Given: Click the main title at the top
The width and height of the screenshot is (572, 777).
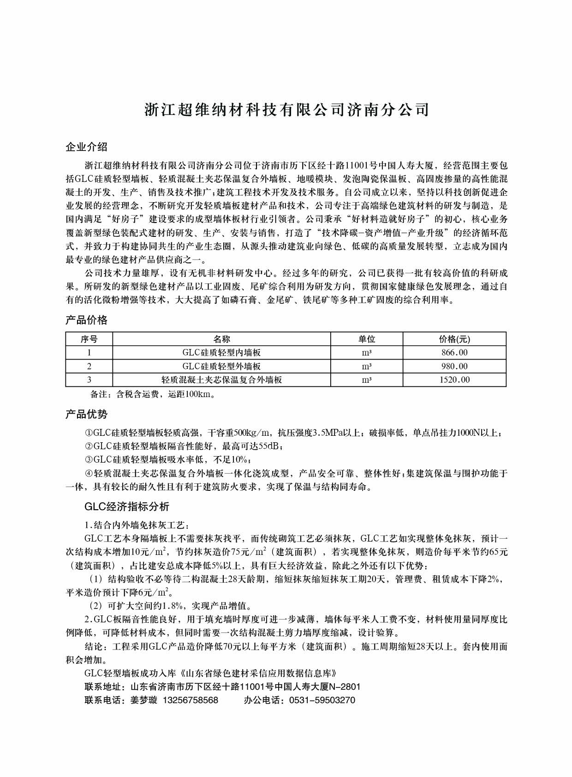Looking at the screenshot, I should coord(286,110).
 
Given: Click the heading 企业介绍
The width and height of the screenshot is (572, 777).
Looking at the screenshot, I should coord(87,147).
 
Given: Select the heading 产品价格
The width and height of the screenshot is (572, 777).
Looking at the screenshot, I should coord(87,320).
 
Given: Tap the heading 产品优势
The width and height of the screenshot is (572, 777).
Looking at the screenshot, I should coord(87,414).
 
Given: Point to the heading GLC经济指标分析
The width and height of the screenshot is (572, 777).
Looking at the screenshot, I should coord(127,506).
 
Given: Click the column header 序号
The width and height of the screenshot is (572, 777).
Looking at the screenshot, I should coord(89,339).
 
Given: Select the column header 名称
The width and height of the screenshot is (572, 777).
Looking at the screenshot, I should coord(221,339).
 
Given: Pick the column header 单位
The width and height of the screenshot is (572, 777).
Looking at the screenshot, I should coord(367,339).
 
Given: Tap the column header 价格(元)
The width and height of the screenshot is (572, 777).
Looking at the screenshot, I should coord(454,339).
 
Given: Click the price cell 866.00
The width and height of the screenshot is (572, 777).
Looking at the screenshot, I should coord(454,353).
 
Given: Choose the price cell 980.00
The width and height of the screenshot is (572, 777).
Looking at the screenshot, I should coord(454,367).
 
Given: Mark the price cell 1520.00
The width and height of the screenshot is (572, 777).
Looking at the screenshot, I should coord(454,380).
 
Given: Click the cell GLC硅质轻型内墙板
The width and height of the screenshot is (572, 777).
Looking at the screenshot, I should coord(221,353).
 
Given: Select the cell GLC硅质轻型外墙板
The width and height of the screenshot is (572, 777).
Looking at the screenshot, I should coord(221,367).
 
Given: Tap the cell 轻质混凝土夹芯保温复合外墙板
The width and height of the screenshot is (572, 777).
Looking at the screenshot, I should coord(221,380).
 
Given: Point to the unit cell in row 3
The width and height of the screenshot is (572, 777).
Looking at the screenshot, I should coord(367,380).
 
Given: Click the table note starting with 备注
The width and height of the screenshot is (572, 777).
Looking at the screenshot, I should coord(152,394).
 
